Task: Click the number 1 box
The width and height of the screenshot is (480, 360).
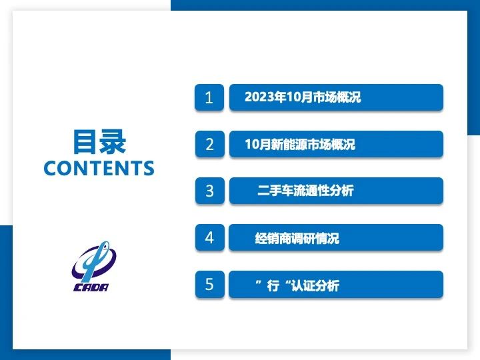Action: tap(209, 97)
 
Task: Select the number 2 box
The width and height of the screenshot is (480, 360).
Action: tap(209, 144)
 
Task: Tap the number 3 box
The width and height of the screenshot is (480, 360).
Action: tap(209, 191)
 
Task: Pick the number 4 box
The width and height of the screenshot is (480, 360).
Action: tap(209, 237)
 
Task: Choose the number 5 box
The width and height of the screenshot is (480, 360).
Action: tap(209, 284)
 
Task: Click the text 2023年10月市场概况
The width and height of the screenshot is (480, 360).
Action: tap(303, 97)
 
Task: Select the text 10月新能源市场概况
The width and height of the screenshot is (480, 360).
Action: tap(300, 144)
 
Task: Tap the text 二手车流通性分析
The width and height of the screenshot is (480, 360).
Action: tap(305, 191)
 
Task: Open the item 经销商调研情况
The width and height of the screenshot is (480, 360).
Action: tap(297, 238)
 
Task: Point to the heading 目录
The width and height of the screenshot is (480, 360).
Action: tap(99, 142)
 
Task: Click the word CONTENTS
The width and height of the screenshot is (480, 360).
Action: tap(99, 168)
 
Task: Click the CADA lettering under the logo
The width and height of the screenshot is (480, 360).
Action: tap(91, 287)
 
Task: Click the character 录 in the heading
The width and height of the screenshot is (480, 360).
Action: tap(113, 142)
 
